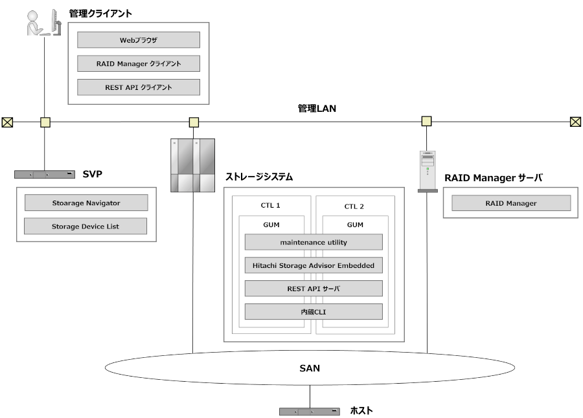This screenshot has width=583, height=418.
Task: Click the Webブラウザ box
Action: click(138, 40)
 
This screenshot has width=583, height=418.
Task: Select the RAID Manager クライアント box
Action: click(138, 63)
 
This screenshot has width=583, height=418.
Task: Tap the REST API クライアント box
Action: click(138, 87)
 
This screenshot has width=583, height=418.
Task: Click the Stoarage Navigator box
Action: click(86, 203)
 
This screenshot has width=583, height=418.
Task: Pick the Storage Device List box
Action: click(86, 226)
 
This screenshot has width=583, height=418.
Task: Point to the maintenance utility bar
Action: click(314, 242)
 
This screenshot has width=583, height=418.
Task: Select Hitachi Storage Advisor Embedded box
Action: click(314, 265)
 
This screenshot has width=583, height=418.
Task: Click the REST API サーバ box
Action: click(314, 289)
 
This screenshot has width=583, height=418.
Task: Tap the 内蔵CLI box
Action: click(314, 312)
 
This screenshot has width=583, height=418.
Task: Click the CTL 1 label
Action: click(270, 206)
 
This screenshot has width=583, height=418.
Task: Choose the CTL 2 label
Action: click(354, 206)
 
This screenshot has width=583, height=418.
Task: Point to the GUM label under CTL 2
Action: click(355, 225)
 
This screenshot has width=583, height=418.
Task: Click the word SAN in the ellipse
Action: click(310, 369)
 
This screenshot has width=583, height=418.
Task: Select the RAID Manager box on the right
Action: click(511, 203)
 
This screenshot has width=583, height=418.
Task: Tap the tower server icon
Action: click(428, 171)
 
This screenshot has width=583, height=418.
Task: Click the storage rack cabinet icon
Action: click(192, 166)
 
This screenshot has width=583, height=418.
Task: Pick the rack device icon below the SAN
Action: click(309, 412)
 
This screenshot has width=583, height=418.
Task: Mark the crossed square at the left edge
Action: click(7, 122)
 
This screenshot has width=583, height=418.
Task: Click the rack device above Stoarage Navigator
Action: click(45, 175)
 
